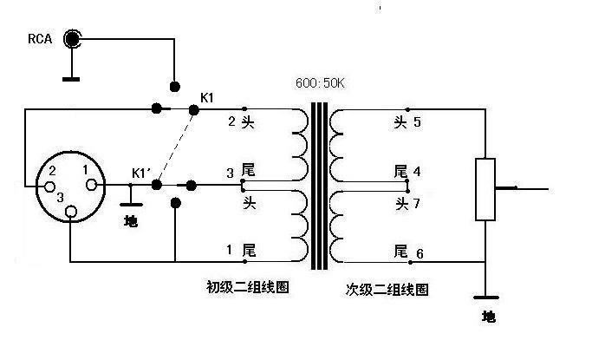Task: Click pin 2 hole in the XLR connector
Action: pyautogui.click(x=51, y=186)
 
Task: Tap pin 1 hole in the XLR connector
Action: pyautogui.click(x=90, y=184)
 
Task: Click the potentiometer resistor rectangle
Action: pyautogui.click(x=485, y=189)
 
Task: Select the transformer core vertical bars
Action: pyautogui.click(x=321, y=187)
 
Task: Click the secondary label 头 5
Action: pyautogui.click(x=407, y=121)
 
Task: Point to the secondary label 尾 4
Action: pyautogui.click(x=407, y=172)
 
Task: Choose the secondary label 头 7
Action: pyautogui.click(x=407, y=203)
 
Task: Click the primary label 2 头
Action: pyautogui.click(x=240, y=121)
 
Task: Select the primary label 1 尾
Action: pyautogui.click(x=240, y=250)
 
